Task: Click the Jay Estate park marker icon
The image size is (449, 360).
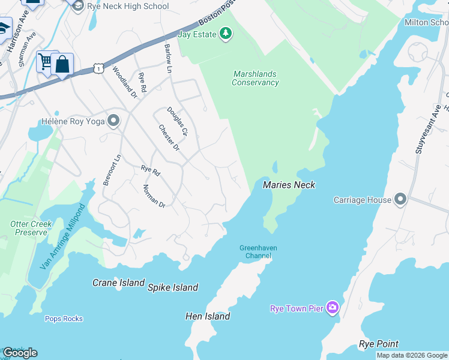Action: point(226,33)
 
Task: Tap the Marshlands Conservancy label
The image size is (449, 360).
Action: point(255,78)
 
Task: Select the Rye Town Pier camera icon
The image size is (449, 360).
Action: point(333,308)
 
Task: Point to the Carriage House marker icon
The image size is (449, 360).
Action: point(401,200)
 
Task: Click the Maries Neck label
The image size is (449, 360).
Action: point(289,185)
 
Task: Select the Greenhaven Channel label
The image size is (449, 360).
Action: point(255,252)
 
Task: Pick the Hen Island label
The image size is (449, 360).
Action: point(208,316)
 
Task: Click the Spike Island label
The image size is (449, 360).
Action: point(173,287)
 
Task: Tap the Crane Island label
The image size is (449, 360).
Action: point(118,283)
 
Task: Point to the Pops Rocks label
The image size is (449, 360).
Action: point(64,319)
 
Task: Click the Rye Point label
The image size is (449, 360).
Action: point(378,344)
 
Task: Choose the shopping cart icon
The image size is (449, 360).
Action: point(46,61)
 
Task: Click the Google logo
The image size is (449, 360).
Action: point(20,353)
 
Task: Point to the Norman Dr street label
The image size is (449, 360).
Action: point(154,196)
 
